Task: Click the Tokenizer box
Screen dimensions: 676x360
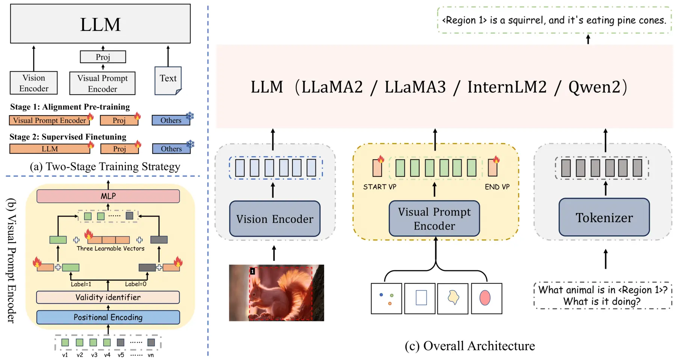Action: [x=604, y=217]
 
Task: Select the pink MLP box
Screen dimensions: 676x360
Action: [x=108, y=196]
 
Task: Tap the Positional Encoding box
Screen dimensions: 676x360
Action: [x=108, y=317]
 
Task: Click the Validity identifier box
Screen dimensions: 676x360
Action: [x=108, y=297]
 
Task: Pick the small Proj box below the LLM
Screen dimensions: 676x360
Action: [x=103, y=57]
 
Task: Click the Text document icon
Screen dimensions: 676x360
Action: [x=168, y=81]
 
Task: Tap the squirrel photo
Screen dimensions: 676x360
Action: [x=276, y=293]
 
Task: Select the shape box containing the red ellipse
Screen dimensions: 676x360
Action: [x=486, y=298]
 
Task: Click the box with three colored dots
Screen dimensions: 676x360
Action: [x=386, y=298]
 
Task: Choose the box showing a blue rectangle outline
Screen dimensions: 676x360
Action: [x=420, y=298]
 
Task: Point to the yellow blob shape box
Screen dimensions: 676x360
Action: [x=453, y=298]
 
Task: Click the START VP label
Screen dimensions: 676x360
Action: [x=380, y=187]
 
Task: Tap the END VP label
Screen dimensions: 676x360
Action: [x=497, y=187]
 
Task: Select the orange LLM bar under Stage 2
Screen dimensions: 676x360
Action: [x=50, y=149]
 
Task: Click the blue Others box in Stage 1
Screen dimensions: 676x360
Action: [x=171, y=120]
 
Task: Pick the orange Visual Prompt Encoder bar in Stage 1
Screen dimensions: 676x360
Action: [x=50, y=120]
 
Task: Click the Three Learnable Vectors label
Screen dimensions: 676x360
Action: [x=110, y=249]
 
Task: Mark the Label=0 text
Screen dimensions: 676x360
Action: [x=136, y=284]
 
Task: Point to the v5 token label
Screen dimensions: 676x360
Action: [x=121, y=355]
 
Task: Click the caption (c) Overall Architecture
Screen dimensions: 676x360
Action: [x=470, y=346]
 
